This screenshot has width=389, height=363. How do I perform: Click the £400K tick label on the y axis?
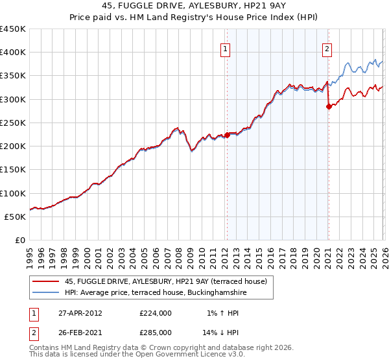13,53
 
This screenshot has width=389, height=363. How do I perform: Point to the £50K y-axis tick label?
16,217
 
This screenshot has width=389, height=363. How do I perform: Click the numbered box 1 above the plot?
225,48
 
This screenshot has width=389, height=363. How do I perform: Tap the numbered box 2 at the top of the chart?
327,48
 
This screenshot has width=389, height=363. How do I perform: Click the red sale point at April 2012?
227,135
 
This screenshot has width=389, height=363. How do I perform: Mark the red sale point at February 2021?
328,107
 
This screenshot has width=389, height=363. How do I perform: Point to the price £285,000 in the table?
155,332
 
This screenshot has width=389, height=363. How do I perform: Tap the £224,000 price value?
155,313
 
